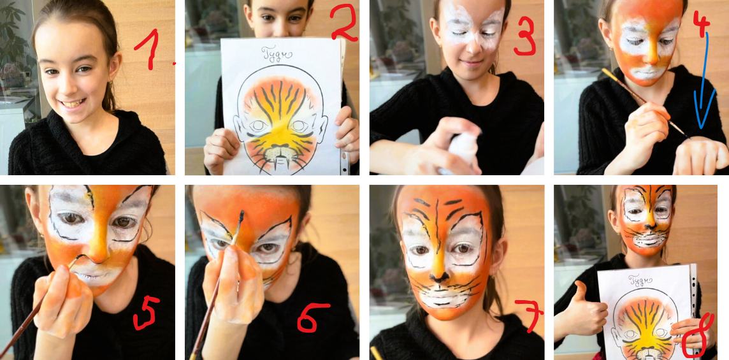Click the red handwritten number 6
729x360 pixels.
(x=314, y=317)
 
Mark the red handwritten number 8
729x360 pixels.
(x=699, y=336)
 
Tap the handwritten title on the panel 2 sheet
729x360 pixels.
(x=276, y=53)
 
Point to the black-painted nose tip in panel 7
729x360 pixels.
(x=438, y=277)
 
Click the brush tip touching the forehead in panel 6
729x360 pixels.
(x=242, y=215)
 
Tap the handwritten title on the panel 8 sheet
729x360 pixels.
(x=639, y=280)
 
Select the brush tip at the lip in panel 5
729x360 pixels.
(x=79, y=257)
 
